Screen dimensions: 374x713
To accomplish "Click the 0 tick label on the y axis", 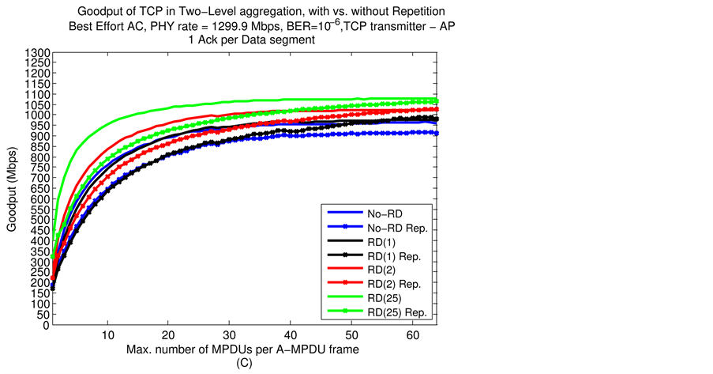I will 47,324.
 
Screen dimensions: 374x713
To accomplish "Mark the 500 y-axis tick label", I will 42,220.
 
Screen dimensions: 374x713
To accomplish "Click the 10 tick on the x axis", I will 108,335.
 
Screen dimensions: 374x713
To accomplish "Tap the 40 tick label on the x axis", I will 291,335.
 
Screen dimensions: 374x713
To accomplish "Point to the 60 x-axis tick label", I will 414,335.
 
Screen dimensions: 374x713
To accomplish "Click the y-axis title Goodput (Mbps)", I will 12,189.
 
